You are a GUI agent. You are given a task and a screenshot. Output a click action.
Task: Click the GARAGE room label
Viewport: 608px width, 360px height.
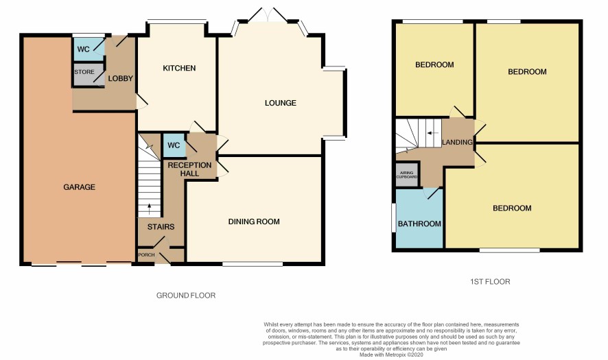click(79, 187)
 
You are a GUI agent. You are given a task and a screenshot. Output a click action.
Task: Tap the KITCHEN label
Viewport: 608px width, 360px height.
click(179, 68)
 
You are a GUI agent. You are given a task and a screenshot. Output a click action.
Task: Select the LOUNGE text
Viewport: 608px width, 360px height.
click(281, 103)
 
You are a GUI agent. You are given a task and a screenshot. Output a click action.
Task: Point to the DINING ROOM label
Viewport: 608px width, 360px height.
click(254, 221)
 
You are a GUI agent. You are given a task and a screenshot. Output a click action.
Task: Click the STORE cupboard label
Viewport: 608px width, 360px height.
click(84, 72)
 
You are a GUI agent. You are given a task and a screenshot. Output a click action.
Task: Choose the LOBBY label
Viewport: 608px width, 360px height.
click(121, 79)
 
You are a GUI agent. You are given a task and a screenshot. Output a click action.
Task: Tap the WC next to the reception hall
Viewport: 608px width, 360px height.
click(174, 145)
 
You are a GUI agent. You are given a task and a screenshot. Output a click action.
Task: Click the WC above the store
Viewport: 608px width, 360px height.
click(83, 49)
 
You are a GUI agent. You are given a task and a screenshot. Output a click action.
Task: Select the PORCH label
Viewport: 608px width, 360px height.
click(147, 255)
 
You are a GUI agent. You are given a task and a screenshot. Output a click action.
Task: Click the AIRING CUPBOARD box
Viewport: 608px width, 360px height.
click(407, 175)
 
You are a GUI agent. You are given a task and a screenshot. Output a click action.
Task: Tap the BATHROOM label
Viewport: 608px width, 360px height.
click(419, 224)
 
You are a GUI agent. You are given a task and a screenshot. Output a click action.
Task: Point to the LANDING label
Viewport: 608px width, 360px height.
click(457, 142)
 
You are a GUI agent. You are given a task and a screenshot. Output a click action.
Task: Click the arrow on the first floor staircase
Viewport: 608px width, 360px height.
click(432, 133)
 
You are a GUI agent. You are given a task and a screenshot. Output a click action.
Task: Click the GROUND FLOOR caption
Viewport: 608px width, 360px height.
click(186, 296)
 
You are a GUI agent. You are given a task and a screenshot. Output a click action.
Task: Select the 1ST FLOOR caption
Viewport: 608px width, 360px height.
click(490, 282)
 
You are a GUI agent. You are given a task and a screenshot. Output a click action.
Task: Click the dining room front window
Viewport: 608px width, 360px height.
click(253, 264)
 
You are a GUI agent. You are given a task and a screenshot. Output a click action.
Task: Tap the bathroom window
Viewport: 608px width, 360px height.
click(393, 218)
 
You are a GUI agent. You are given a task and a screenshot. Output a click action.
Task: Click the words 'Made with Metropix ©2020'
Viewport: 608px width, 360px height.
click(392, 355)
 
